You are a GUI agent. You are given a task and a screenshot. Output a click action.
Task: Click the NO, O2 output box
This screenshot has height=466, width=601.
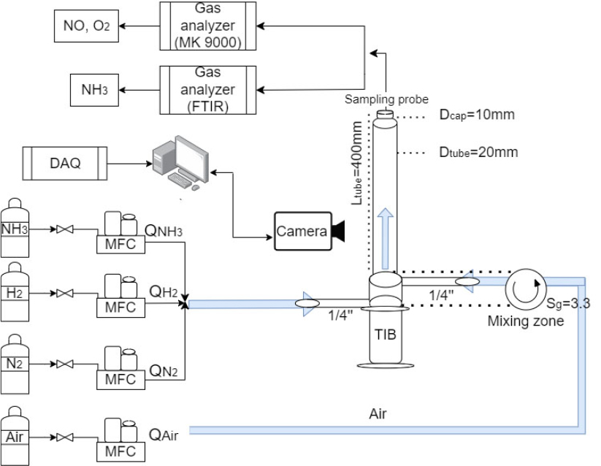[x=86, y=26]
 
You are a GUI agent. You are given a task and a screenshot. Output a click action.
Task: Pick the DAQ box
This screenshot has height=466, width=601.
[x=65, y=164]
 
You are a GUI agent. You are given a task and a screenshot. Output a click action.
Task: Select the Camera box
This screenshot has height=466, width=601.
[x=302, y=232]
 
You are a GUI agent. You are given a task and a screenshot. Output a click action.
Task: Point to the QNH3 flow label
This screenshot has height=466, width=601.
[x=163, y=231]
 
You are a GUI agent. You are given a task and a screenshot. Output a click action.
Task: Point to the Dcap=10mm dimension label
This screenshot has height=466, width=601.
[x=477, y=116]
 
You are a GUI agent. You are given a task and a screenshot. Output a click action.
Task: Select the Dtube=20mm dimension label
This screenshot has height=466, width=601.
[x=478, y=153]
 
